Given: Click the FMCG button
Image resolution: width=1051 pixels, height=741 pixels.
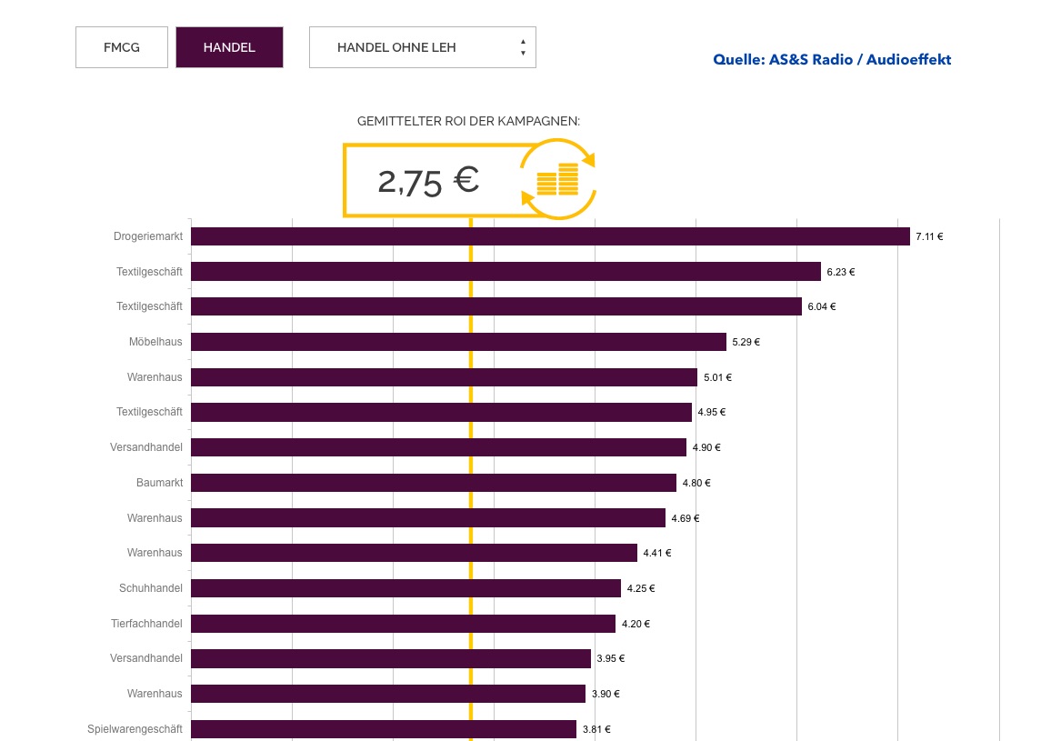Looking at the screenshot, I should (x=122, y=47).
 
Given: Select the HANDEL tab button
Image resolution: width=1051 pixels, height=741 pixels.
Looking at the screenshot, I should (x=229, y=47).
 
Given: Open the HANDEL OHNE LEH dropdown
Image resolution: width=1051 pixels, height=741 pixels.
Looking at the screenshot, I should (x=422, y=47).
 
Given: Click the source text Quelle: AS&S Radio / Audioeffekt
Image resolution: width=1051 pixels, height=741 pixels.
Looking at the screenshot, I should (x=832, y=60).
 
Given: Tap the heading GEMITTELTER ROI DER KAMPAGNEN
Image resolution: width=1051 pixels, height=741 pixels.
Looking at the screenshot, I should (x=468, y=121).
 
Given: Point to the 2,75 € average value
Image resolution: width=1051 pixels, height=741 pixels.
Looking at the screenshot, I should (x=428, y=181).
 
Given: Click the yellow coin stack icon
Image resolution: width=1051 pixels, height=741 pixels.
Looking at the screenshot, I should (x=557, y=179).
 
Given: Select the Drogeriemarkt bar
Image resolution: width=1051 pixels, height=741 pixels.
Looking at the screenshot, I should (x=550, y=236).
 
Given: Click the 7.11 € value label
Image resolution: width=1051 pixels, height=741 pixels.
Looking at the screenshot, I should (x=929, y=236).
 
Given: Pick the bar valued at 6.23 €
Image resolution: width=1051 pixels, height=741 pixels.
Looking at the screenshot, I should (x=505, y=271).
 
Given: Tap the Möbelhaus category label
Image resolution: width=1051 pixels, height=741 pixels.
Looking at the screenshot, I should (x=155, y=342).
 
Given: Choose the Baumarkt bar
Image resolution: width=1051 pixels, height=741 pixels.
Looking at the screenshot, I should (x=434, y=483).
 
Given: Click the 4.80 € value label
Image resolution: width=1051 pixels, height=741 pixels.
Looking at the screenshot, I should (x=696, y=483).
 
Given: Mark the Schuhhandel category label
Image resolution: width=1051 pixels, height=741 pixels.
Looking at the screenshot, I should (x=151, y=588).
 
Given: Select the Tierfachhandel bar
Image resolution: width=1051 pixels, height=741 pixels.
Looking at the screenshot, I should (x=403, y=624).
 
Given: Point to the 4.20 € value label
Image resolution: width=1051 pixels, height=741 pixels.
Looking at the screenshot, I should (x=636, y=624).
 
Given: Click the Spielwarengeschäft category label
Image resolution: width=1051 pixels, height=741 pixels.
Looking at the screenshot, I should (x=135, y=729).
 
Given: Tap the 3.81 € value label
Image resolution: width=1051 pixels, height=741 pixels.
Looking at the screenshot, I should (x=596, y=729).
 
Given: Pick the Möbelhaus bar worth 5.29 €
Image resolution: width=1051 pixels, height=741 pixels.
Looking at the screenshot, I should (x=458, y=342).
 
